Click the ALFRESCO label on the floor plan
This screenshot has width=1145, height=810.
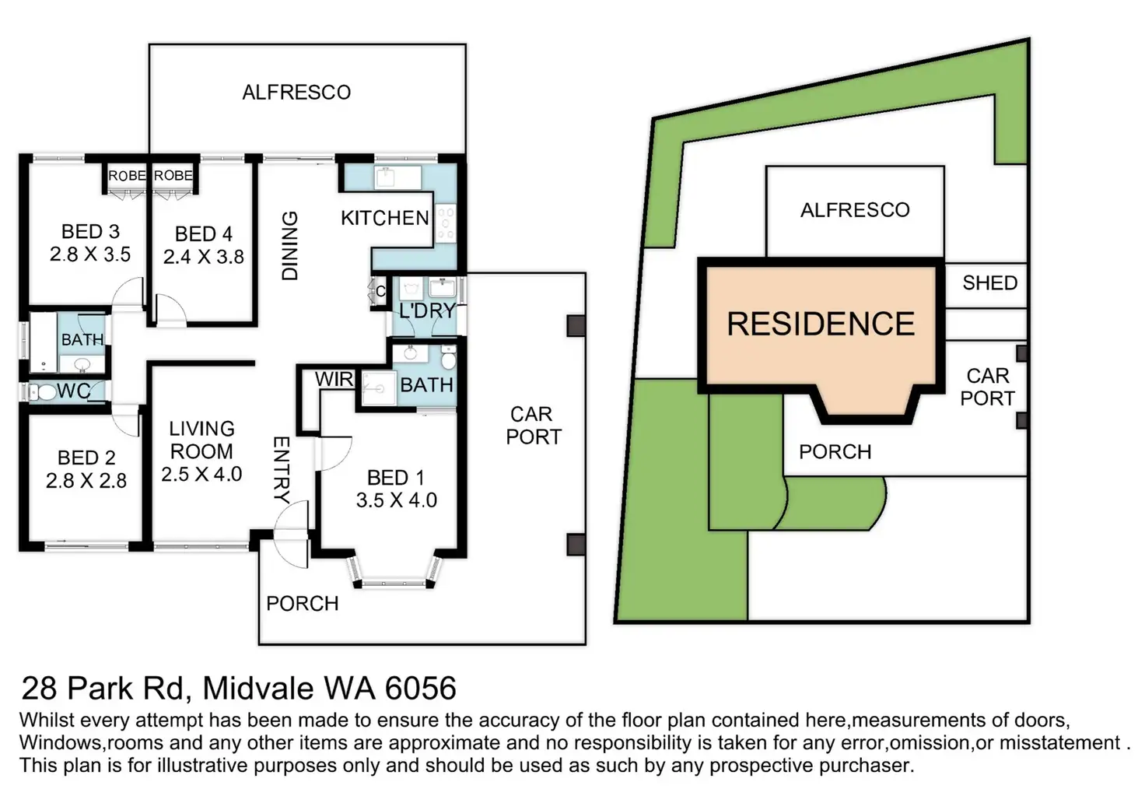[296, 93]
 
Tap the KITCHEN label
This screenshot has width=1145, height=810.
[385, 218]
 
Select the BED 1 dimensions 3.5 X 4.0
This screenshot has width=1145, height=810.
[397, 500]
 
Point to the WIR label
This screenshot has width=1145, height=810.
[334, 380]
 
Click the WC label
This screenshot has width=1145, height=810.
[74, 391]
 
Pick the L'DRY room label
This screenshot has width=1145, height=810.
[427, 310]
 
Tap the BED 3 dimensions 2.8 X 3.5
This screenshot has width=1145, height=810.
[90, 254]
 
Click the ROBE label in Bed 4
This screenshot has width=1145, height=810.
[173, 176]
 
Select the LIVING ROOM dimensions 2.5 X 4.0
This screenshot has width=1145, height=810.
[201, 474]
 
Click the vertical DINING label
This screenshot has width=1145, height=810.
[289, 246]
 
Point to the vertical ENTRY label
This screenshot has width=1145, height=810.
[282, 469]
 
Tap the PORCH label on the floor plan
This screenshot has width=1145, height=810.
[303, 604]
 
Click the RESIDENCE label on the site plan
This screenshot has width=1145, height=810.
[821, 324]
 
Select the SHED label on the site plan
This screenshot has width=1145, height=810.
[989, 283]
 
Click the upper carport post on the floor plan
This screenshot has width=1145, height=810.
[576, 325]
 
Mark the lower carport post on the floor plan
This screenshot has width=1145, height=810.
[576, 544]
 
